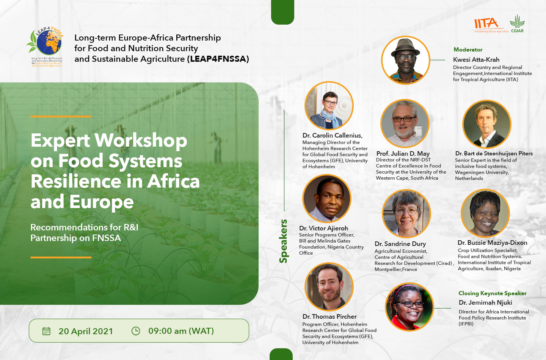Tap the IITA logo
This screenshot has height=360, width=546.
[x=486, y=24]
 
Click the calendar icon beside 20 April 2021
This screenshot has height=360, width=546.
[x=46, y=331]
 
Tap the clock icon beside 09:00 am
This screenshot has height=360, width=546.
[x=136, y=331]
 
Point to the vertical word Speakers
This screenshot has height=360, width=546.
[x=283, y=241]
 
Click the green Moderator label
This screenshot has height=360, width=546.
[x=468, y=50]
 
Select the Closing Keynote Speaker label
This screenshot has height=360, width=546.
[x=492, y=293]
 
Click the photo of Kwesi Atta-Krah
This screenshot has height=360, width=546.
[x=405, y=60]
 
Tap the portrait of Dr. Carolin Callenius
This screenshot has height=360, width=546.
[x=329, y=106]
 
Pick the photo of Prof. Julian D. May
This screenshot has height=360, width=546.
[x=405, y=124]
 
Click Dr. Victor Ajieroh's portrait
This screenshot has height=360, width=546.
[x=327, y=198]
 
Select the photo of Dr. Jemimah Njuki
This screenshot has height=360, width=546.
[x=409, y=307]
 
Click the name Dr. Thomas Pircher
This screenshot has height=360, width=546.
[x=329, y=316]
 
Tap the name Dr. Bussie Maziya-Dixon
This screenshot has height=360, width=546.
[x=492, y=243]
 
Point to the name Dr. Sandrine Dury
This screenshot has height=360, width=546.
[x=400, y=244]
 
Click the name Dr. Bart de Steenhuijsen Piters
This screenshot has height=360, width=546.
[x=494, y=153]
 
